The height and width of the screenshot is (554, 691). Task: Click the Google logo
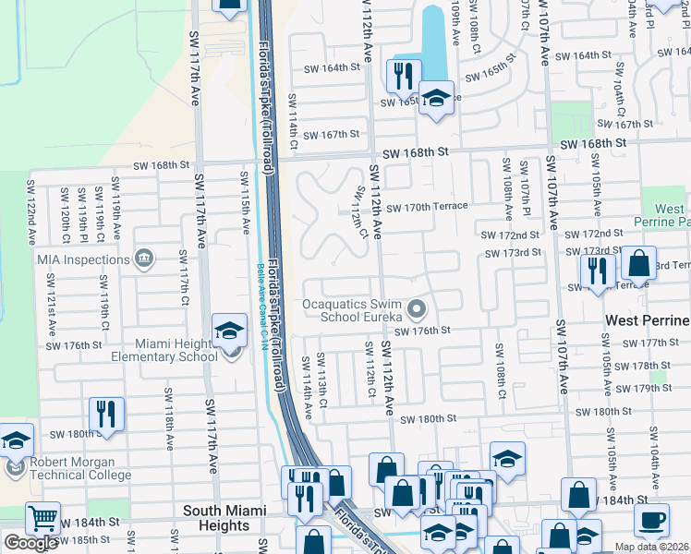click(x=30, y=542)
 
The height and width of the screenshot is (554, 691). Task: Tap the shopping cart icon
click(x=42, y=518)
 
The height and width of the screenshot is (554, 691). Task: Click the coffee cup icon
click(x=652, y=519)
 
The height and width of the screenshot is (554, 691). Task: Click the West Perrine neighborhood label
click(x=647, y=320)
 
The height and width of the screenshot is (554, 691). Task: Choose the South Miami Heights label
click(x=224, y=518)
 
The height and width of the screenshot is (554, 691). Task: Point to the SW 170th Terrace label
click(x=427, y=206)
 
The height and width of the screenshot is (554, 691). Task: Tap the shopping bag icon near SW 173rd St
click(x=638, y=264)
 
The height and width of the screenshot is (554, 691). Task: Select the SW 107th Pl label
click(x=523, y=181)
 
